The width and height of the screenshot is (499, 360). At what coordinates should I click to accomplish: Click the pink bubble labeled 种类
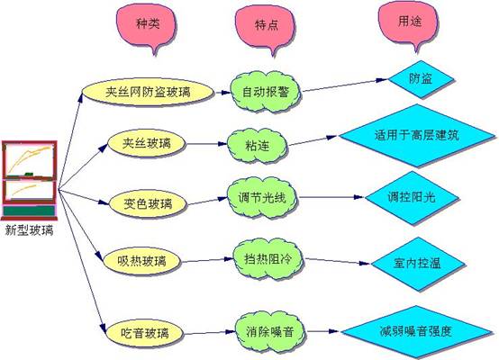[x=146, y=25]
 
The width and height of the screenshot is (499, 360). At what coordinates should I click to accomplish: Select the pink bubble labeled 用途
[x=409, y=22]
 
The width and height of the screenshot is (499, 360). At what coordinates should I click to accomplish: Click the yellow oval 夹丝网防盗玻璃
[x=148, y=92]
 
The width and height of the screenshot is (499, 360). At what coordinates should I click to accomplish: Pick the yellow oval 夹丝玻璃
[x=147, y=143]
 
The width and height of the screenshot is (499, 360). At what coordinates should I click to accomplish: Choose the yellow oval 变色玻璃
[x=148, y=203]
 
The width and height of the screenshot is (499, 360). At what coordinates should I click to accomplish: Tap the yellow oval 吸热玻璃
[x=142, y=261]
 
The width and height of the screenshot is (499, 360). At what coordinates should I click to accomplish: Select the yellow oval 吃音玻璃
[x=145, y=333]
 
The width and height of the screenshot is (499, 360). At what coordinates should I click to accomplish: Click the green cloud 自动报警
[x=266, y=92]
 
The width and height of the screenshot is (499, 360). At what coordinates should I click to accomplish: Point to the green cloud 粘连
[x=257, y=146]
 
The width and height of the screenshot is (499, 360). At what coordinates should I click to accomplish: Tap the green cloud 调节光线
[x=262, y=197]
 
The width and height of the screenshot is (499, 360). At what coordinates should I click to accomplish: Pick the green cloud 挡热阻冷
[x=268, y=259]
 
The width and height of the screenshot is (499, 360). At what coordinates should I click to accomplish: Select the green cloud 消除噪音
[x=270, y=332]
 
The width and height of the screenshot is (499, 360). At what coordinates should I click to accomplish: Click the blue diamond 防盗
[x=421, y=79]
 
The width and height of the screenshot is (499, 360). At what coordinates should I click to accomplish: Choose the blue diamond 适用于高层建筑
[x=417, y=136]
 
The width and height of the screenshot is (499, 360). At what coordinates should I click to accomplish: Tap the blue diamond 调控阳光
[x=412, y=197]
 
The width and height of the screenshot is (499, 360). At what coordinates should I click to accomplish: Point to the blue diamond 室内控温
[x=417, y=264]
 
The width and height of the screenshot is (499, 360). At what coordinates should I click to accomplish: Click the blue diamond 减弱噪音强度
[x=416, y=332]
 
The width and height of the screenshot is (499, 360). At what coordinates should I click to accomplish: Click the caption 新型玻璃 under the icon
[x=30, y=230]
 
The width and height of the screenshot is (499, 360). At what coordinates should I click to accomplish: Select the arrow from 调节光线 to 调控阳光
[x=331, y=197]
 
